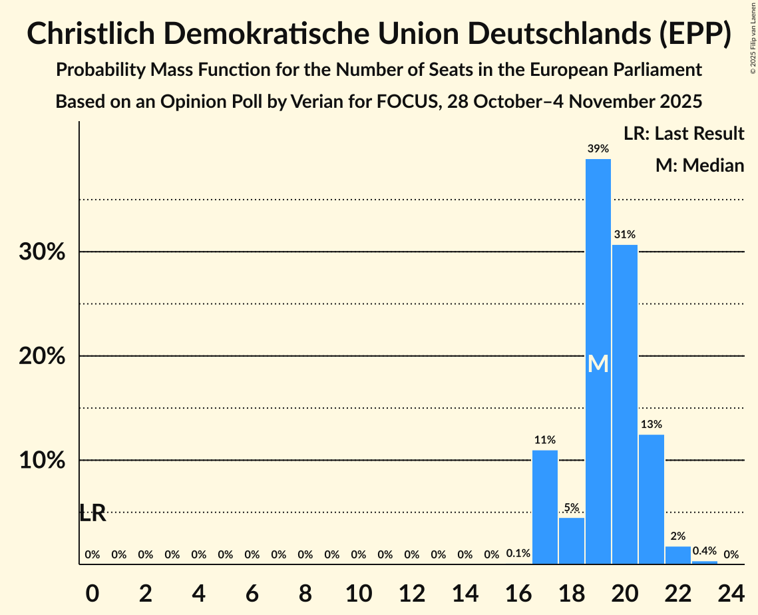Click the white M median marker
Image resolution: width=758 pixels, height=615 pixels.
pos(598,363)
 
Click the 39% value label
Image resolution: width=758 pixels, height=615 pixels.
pos(598,149)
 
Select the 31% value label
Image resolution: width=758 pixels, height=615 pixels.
pos(624,234)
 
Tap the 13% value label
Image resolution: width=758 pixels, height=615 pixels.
pos(651,424)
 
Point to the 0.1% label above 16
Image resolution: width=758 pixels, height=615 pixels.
pos(518,554)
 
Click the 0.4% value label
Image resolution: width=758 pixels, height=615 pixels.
pos(704,551)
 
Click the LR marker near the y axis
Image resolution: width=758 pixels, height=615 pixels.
pos(93,513)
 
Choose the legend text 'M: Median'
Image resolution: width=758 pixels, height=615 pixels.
pos(699,165)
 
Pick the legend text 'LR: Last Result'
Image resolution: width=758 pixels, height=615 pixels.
pos(683,134)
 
